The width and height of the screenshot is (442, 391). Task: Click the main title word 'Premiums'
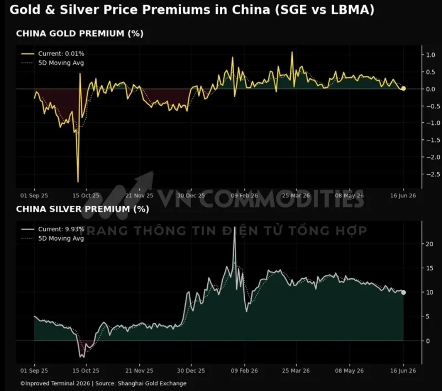point(176,9)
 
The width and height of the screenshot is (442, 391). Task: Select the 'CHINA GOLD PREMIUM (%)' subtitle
point(80,33)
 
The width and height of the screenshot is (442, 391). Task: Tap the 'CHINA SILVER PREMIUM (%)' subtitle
point(82,208)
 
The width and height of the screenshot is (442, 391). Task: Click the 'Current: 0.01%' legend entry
point(52,54)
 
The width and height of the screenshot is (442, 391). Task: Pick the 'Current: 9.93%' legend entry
point(52,229)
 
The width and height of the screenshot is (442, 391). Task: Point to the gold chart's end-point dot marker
point(403,88)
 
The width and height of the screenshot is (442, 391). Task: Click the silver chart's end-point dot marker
point(403,293)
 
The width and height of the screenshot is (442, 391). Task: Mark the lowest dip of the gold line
point(78,182)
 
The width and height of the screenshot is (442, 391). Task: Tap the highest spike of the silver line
point(235,235)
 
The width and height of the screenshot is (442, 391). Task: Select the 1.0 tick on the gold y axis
point(430,55)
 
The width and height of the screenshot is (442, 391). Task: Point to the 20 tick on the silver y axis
point(429,244)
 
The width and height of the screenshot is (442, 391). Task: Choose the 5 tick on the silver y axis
point(428,316)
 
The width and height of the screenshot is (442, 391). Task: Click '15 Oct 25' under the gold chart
point(86,196)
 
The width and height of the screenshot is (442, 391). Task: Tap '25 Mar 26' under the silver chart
point(296,371)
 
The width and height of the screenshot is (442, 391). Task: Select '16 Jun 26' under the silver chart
point(403,371)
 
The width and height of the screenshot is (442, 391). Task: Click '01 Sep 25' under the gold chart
point(34,196)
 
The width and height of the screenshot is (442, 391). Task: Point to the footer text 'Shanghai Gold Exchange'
point(152,383)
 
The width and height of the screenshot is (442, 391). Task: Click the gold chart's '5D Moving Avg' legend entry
point(52,63)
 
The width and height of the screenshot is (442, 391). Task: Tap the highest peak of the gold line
point(292,52)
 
